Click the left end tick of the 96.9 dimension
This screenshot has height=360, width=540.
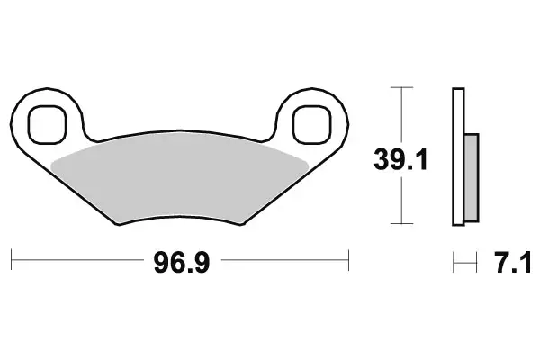click(13, 262)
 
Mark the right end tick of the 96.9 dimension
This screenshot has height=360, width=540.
click(348, 262)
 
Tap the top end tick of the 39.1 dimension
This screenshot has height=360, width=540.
click(400, 87)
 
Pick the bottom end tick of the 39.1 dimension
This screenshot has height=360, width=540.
click(400, 223)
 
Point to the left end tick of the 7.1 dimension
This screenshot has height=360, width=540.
click(454, 262)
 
